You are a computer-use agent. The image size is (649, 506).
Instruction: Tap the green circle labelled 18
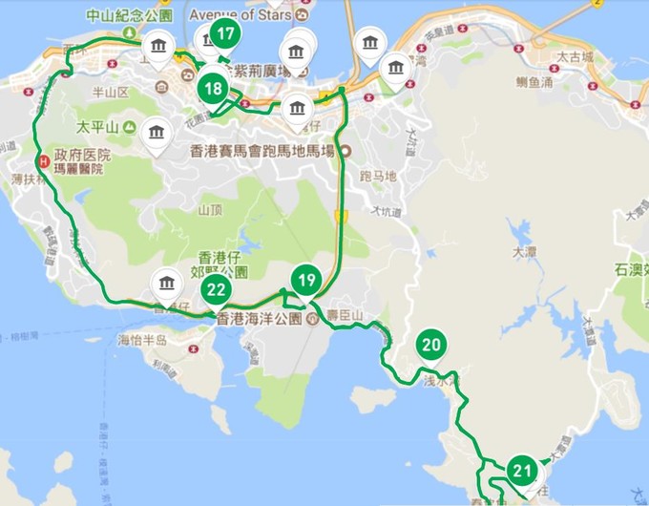coord(213,90)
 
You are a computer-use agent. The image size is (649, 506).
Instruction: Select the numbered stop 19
coord(305,281)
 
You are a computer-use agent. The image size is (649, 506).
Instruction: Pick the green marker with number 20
coord(430,346)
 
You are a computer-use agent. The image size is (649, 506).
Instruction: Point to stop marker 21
coord(522,470)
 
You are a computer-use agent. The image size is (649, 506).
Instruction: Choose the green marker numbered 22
coord(217,290)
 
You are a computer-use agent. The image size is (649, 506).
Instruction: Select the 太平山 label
coord(100,126)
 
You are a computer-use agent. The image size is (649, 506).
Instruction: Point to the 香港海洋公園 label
coord(260,319)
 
